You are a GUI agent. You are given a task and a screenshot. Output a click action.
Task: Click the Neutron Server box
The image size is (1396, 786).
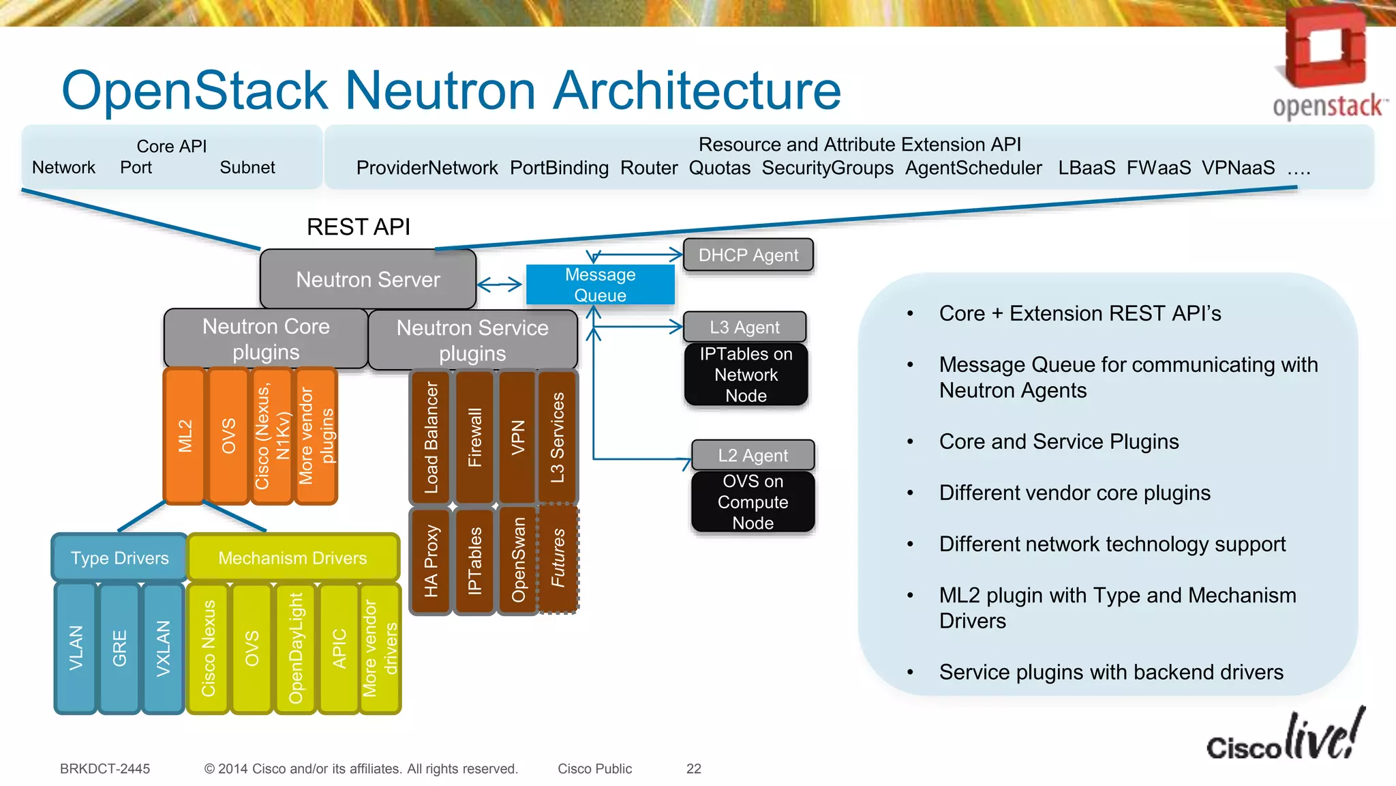367,279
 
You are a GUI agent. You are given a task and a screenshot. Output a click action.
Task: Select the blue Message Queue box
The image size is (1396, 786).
600,285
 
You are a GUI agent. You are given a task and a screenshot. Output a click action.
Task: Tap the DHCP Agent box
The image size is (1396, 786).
748,254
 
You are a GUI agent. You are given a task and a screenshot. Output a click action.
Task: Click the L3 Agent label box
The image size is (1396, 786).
744,327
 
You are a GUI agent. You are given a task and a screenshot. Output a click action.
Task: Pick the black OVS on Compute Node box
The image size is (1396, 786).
753,501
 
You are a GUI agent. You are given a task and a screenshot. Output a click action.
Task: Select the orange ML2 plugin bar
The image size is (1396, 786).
185,436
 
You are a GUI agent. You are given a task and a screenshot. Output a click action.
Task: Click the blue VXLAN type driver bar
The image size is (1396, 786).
163,648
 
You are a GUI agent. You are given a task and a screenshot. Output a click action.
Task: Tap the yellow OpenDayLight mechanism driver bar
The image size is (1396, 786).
295,648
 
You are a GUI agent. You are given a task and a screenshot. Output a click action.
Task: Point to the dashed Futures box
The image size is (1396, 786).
558,558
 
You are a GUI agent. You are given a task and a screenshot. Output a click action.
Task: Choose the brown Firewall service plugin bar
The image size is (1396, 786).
474,437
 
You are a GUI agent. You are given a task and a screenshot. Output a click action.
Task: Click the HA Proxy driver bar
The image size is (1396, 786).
431,561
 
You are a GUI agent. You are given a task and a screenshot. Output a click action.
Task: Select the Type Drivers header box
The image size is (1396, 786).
120,557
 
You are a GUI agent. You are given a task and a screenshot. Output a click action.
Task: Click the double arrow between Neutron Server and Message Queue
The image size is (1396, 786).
500,285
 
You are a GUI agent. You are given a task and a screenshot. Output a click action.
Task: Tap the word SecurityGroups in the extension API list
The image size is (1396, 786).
827,168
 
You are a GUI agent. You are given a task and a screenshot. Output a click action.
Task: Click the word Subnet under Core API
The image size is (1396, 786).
247,168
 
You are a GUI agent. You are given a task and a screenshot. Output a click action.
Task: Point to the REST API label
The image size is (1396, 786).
358,227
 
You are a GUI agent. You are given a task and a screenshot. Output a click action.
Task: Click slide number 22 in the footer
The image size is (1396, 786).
693,769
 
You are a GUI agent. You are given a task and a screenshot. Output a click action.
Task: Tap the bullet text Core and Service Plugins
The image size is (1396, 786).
1059,441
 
